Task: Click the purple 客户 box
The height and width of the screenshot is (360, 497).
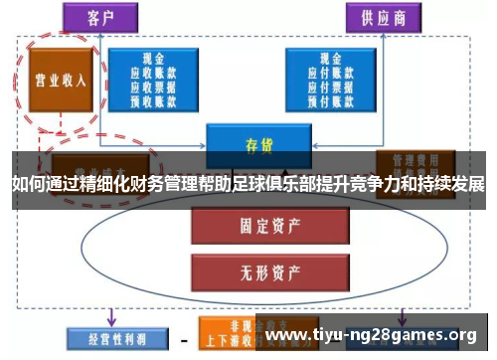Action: [100, 17]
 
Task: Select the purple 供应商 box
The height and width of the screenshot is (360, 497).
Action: [383, 17]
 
